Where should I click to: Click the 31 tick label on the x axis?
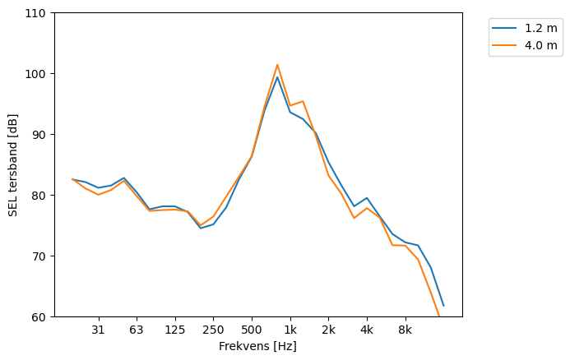point(99,330)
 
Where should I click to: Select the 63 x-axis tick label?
point(137,330)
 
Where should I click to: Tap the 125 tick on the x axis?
point(174,330)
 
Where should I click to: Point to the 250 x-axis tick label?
point(213,330)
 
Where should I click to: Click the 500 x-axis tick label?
point(252,330)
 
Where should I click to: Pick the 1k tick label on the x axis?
point(290,330)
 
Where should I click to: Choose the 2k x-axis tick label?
point(328,330)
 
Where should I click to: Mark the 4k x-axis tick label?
point(367,330)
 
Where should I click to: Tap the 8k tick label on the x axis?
point(405,330)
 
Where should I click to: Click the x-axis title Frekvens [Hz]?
point(257,347)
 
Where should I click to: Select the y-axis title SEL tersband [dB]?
point(13,164)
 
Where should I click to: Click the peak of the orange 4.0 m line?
point(277,65)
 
